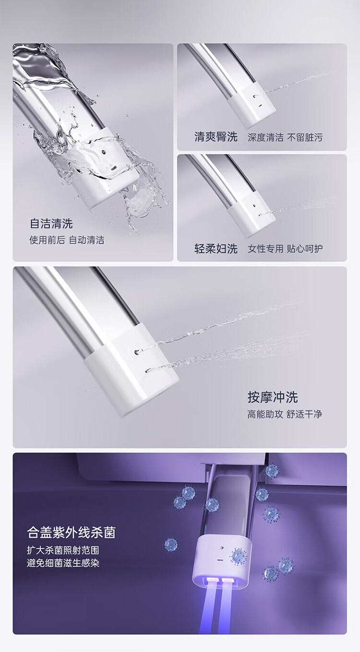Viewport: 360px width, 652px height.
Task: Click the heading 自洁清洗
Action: [x=51, y=224]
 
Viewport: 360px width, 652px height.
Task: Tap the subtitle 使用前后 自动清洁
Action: [x=67, y=240]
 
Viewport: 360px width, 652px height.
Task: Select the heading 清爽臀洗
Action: [x=216, y=137]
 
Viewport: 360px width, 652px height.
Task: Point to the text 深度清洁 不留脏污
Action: [x=285, y=137]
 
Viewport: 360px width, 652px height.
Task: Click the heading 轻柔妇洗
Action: [x=216, y=249]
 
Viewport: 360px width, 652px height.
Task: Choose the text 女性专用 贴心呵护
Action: [x=285, y=249]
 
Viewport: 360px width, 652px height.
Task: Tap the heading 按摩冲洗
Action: [x=273, y=398]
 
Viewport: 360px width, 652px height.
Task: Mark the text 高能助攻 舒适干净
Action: [x=285, y=414]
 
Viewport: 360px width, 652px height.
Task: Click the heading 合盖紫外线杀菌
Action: [x=72, y=532]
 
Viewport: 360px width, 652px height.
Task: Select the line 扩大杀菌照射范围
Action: [x=63, y=550]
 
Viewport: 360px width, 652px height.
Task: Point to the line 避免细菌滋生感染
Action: [x=63, y=563]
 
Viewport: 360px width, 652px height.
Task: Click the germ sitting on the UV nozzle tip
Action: [x=239, y=556]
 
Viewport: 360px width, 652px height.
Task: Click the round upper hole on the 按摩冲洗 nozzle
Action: [x=136, y=352]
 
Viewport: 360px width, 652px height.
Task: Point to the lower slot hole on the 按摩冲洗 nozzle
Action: [x=148, y=371]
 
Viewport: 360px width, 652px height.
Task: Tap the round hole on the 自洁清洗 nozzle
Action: [x=102, y=152]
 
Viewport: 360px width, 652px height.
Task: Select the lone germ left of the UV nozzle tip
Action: [x=171, y=544]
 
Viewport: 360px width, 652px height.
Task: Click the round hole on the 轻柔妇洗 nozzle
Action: [x=255, y=205]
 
